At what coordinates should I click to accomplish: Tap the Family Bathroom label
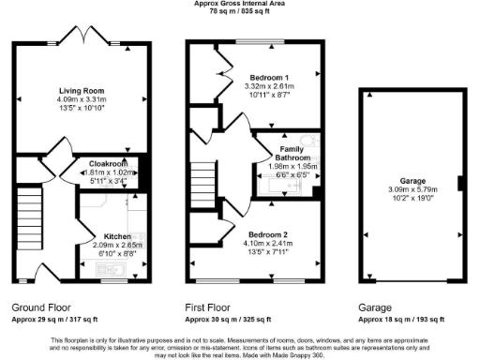point(286,153)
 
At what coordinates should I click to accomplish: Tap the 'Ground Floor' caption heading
point(38,307)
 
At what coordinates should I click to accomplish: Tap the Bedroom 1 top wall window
point(261,42)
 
